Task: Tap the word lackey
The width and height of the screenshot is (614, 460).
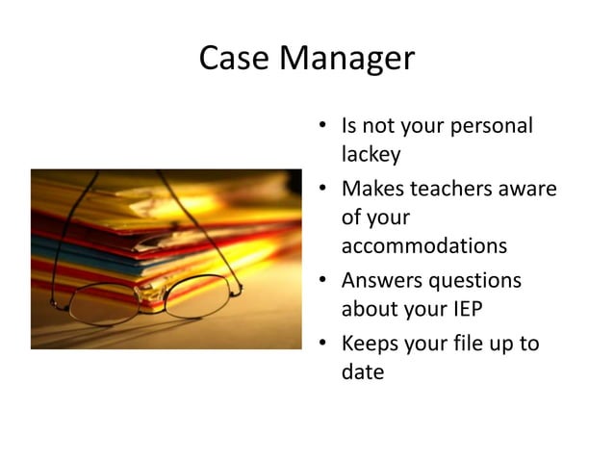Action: (371, 154)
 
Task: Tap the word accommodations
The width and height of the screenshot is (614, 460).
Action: (423, 245)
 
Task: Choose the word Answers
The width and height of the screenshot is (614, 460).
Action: (383, 280)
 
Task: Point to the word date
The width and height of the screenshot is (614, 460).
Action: (363, 371)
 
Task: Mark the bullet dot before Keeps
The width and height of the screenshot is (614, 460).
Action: (324, 344)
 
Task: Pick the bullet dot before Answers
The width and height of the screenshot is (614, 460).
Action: (324, 281)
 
